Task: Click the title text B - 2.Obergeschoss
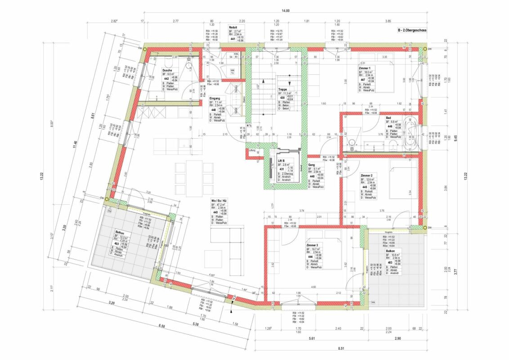coord(411,30)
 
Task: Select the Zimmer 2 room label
coord(366,175)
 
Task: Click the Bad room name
coord(388,118)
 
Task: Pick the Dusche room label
coord(168,70)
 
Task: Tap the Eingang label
coord(214,98)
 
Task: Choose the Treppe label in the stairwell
coord(282,90)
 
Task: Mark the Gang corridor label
coord(311,165)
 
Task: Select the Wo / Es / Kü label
coord(219,200)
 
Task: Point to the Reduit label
coord(233,27)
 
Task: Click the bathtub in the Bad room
coord(411,134)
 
